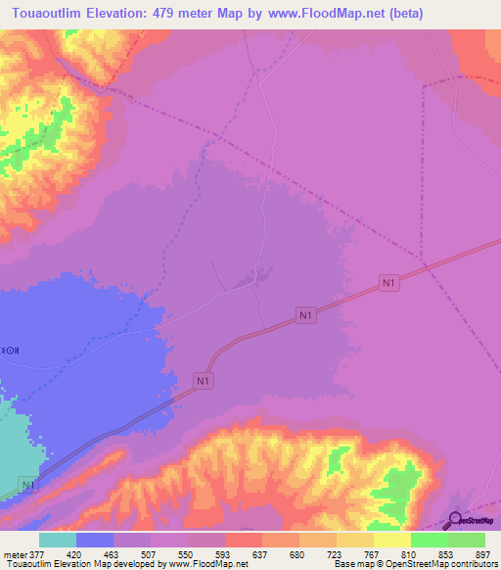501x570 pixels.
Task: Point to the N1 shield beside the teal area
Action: coord(28,485)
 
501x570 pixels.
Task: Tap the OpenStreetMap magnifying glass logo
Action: coord(457,520)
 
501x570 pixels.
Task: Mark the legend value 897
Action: coord(482,553)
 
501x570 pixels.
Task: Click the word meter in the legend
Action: coord(15,553)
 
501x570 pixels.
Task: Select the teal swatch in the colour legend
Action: coord(58,540)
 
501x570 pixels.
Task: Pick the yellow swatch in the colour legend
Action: coord(392,540)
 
